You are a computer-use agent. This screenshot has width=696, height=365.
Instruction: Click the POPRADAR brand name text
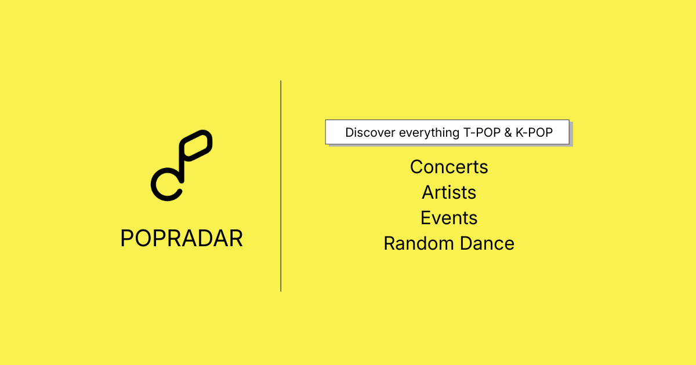click(182, 238)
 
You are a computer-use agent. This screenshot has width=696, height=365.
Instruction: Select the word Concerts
click(449, 167)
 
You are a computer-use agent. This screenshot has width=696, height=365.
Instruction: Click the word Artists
click(449, 192)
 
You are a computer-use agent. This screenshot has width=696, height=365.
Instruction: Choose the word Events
click(449, 218)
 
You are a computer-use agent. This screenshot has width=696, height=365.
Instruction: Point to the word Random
click(419, 243)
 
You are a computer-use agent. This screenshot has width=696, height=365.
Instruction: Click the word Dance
click(487, 243)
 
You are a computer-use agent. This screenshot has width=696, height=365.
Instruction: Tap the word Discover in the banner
click(370, 133)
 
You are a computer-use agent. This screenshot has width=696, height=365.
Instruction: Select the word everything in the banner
click(429, 133)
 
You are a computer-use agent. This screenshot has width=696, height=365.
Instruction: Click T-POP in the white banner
click(482, 133)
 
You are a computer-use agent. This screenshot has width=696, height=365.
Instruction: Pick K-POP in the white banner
click(534, 133)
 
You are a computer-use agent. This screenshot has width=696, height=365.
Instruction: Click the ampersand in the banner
click(508, 133)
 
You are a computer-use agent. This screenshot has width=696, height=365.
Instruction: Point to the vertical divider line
click(281, 186)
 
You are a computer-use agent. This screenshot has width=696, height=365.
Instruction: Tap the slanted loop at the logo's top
click(196, 145)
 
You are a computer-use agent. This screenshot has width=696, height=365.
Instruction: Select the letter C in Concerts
click(418, 167)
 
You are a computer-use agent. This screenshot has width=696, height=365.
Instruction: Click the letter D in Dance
click(467, 243)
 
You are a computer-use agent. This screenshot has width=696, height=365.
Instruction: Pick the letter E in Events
click(426, 218)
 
